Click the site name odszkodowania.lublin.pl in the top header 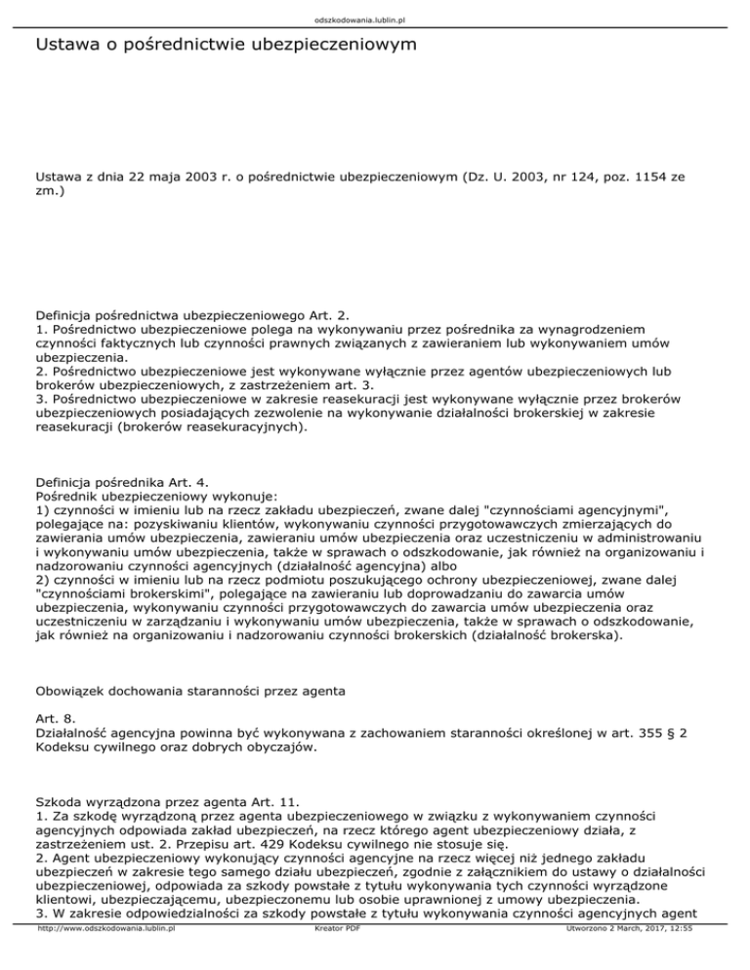click(375, 19)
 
